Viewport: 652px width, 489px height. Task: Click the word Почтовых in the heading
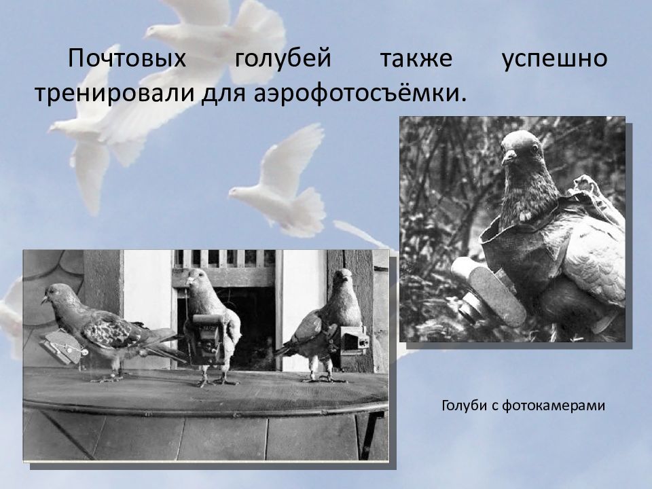(x=127, y=58)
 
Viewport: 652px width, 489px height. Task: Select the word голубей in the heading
(x=283, y=58)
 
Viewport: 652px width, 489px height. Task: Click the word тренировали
(x=115, y=94)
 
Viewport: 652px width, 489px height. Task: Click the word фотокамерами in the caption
(x=553, y=405)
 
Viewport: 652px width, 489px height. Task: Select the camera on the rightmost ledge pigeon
(x=354, y=340)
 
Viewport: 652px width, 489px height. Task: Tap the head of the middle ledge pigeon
(x=197, y=278)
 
